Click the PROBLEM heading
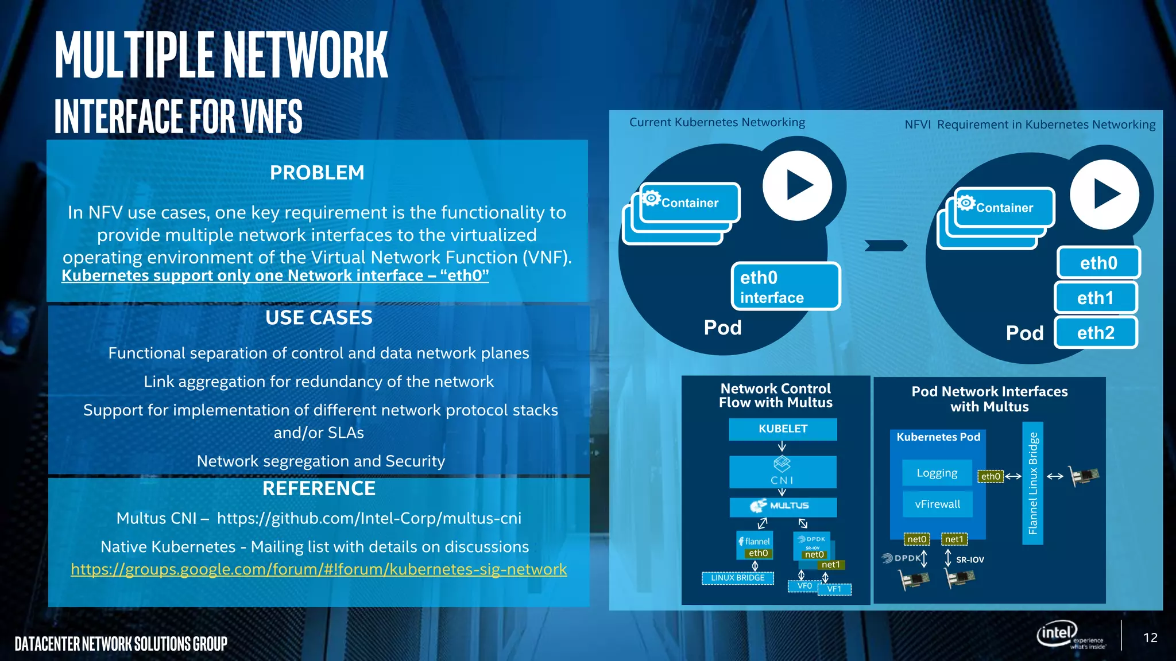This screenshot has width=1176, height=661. click(317, 173)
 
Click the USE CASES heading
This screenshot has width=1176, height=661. click(319, 318)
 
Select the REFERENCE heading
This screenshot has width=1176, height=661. click(319, 489)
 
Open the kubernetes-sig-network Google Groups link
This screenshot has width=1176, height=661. click(319, 569)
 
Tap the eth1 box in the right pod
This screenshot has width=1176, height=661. click(1096, 298)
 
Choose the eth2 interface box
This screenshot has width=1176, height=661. click(1096, 333)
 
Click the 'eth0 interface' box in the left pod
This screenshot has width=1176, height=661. click(785, 287)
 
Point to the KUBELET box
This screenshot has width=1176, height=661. click(783, 429)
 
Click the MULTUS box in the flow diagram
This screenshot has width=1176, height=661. click(783, 506)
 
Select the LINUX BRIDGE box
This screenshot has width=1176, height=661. click(738, 578)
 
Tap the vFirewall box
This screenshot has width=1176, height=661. click(937, 504)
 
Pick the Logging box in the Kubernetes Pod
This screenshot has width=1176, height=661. click(937, 473)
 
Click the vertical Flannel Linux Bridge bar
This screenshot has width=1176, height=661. click(1032, 483)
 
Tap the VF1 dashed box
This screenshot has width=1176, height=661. click(834, 589)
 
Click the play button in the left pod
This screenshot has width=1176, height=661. click(797, 185)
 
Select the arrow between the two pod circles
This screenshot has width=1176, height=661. click(886, 246)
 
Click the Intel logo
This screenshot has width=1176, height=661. click(1057, 633)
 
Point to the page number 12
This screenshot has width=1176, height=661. click(1150, 637)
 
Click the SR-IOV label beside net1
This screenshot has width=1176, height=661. click(970, 559)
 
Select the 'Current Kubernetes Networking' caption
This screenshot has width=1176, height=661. click(717, 122)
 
